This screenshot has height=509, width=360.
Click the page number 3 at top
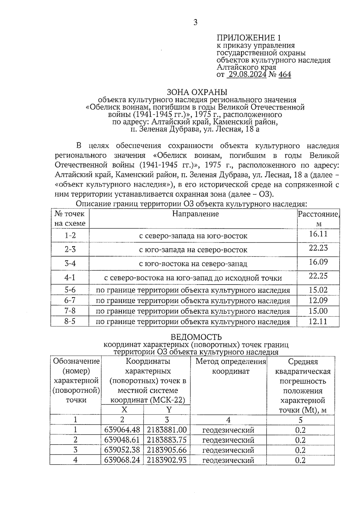195,22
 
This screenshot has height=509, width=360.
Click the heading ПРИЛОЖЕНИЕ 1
249,38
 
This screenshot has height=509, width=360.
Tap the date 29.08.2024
247,74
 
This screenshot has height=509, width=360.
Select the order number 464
285,74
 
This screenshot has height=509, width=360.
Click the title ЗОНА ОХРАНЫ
197,92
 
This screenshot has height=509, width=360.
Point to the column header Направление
195,214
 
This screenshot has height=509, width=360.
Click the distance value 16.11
318,234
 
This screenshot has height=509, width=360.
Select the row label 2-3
70,249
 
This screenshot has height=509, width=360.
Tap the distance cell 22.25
318,276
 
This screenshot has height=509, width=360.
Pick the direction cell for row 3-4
193,264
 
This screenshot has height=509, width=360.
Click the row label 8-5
70,322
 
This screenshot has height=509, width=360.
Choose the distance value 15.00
318,311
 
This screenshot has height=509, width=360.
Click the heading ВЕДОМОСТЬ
196,337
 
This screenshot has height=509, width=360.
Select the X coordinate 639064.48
122,430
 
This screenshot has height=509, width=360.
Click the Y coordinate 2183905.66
167,450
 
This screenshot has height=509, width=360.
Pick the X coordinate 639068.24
122,460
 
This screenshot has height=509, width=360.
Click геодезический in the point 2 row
228,440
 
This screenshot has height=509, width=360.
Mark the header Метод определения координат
231,367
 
